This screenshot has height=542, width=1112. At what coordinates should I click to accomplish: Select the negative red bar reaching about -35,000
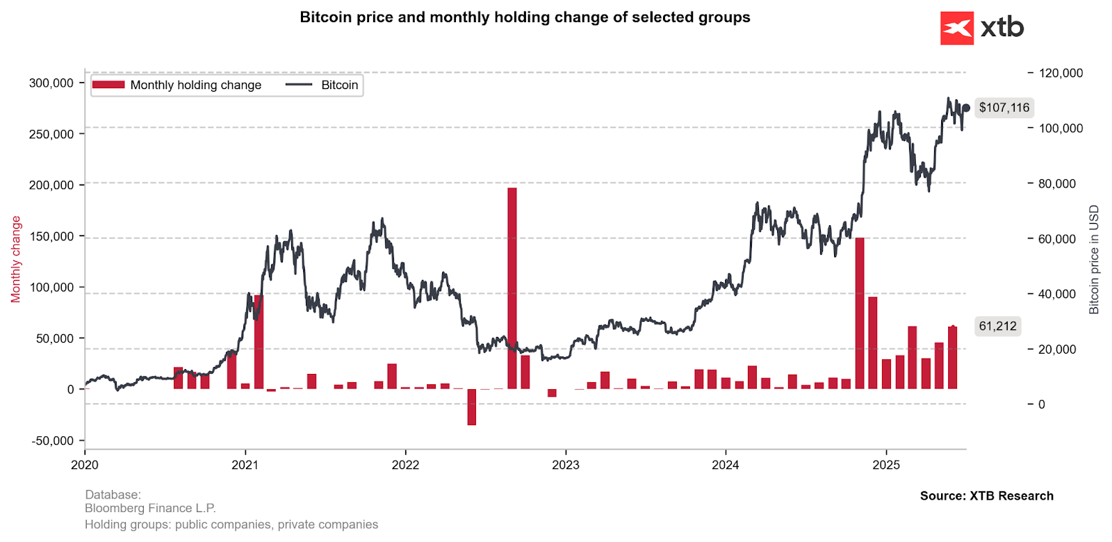click(472, 406)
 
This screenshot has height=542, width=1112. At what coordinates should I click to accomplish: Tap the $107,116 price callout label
click(1004, 108)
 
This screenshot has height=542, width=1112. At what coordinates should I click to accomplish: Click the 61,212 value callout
click(997, 326)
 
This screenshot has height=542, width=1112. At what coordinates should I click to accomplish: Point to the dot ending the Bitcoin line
click(965, 108)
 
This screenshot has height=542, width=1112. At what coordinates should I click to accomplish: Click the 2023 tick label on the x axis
click(565, 465)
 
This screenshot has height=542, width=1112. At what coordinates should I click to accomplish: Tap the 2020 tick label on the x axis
click(85, 465)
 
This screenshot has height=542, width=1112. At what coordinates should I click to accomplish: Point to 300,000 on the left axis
click(51, 83)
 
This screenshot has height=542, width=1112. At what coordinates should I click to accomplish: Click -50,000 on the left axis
click(53, 441)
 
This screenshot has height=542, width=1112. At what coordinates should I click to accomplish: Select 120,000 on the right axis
click(1060, 73)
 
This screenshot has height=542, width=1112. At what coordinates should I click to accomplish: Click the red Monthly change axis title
click(16, 259)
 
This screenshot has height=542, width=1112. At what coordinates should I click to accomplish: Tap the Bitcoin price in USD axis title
click(1094, 259)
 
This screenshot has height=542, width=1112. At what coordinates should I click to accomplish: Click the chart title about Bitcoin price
click(525, 17)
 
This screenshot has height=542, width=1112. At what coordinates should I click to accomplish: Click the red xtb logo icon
click(957, 28)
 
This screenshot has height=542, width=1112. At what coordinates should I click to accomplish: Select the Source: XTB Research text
click(986, 495)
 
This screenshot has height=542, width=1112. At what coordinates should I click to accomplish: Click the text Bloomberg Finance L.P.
click(150, 509)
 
